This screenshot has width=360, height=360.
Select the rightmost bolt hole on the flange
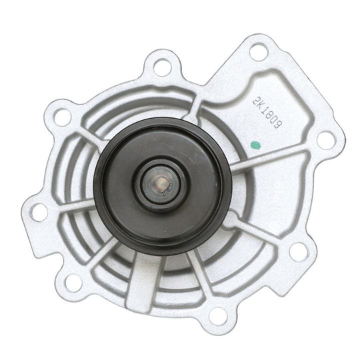pos(325,139)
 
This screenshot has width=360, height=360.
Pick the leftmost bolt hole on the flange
pos(37,213)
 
